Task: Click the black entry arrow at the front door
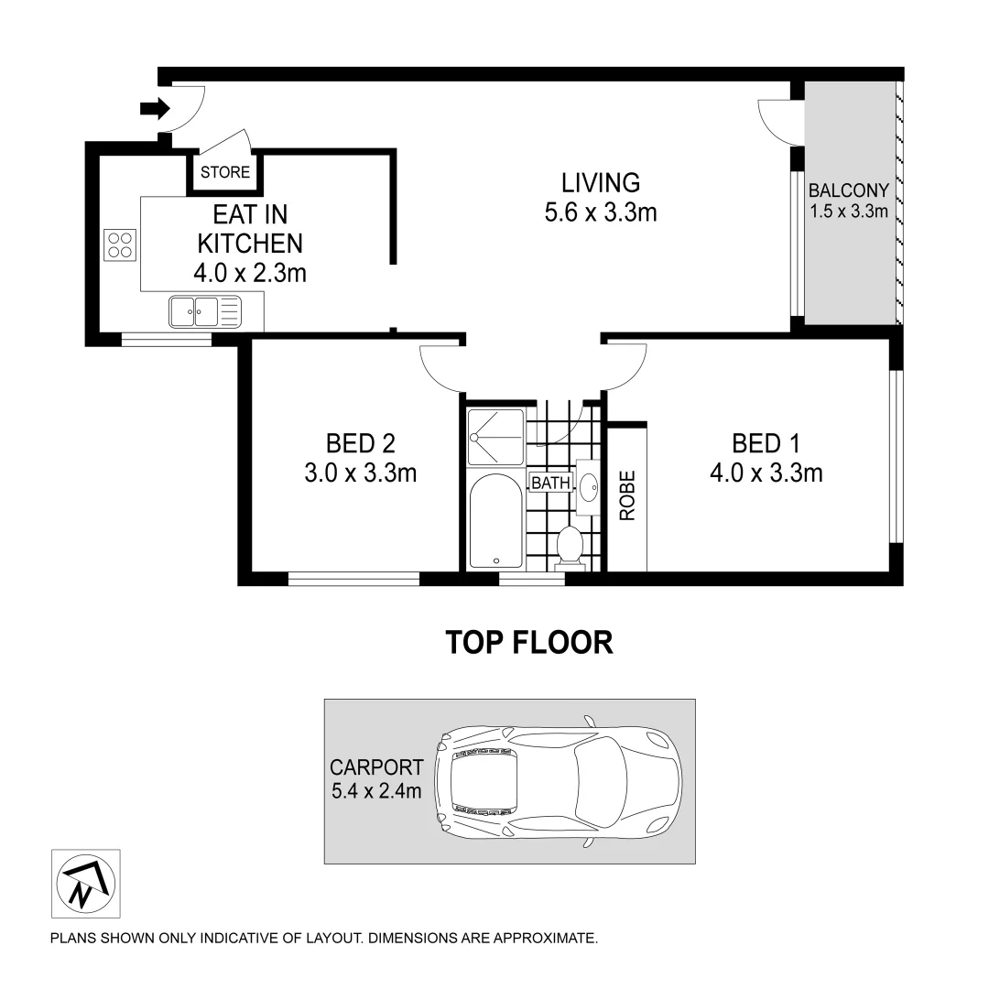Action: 155,110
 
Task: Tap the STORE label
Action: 225,173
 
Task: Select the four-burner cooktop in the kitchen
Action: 120,245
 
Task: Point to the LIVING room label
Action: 601,182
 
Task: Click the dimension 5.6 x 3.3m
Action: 601,213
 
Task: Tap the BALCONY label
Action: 849,191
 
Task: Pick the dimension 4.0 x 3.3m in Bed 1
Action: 766,473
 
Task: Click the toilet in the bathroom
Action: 570,547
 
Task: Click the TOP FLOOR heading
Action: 528,642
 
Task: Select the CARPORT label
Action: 376,767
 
